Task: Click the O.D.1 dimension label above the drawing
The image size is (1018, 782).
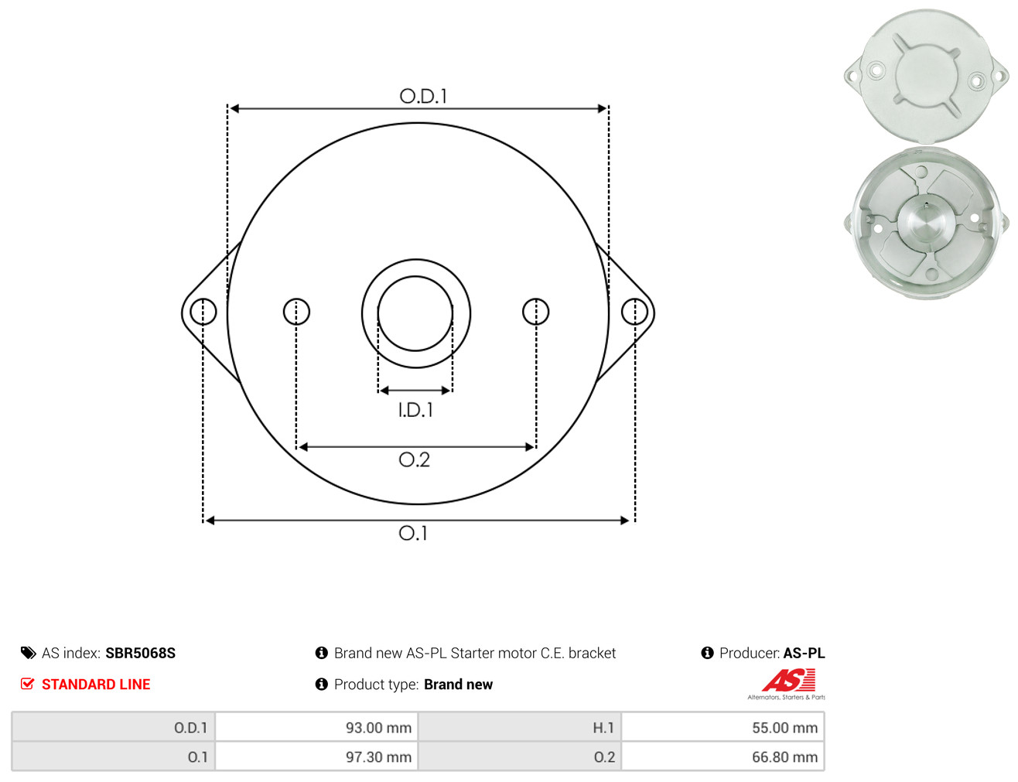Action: tap(423, 96)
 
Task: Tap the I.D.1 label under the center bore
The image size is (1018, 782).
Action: tap(415, 410)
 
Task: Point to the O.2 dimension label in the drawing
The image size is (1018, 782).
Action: tap(414, 459)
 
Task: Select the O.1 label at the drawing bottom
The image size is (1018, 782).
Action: tap(413, 533)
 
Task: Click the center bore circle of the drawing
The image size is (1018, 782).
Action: tap(378, 313)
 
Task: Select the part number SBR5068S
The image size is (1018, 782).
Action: tap(141, 653)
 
